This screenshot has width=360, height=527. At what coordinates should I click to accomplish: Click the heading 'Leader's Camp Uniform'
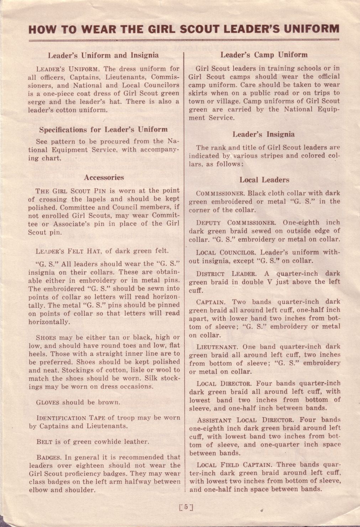[264, 55]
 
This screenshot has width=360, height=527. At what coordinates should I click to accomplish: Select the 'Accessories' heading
[104, 178]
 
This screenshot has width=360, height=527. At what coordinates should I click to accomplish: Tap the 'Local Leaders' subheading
[264, 180]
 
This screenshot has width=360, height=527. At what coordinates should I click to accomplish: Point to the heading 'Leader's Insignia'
[264, 135]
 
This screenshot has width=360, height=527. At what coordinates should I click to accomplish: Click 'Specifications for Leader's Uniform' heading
[103, 130]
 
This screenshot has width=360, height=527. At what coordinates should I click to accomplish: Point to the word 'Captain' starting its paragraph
[210, 302]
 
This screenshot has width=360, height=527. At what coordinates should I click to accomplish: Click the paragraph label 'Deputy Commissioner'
[236, 223]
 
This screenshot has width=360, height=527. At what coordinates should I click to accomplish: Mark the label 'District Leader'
[226, 274]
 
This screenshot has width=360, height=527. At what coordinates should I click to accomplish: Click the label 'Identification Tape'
[70, 418]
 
